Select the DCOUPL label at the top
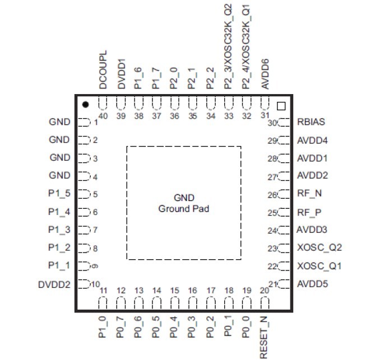pos(103,72)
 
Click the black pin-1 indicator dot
pos(85,105)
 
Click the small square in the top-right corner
pos(281,105)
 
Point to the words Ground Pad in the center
pos(183,208)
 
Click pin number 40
pos(103,116)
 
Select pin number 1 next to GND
pos(96,122)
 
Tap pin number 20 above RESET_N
pos(264,291)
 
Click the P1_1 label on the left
pos(59,265)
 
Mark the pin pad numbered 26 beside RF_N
pos(284,194)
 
